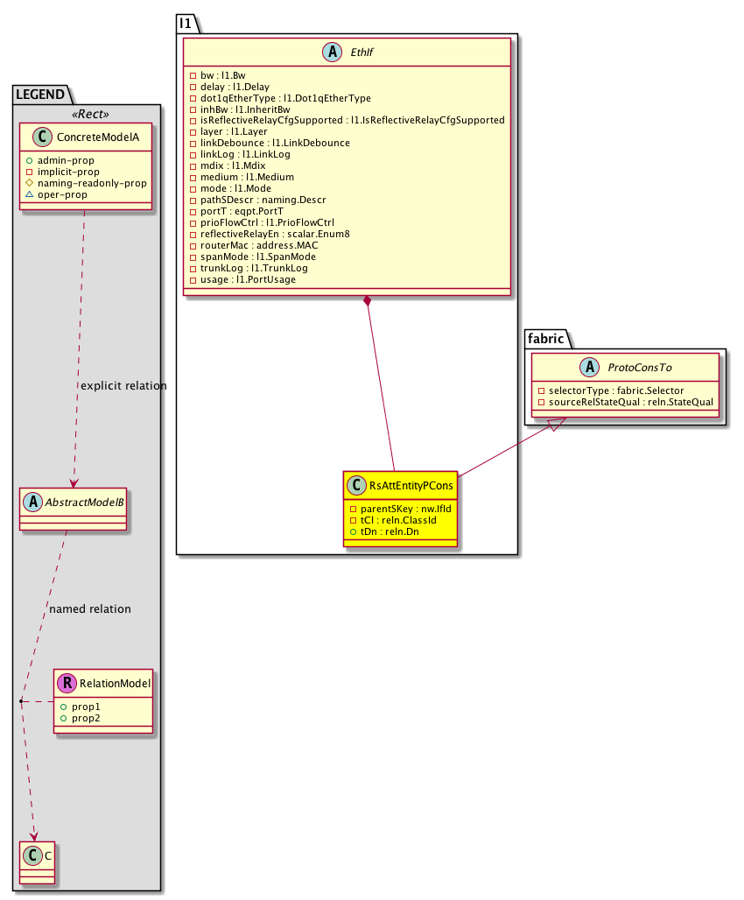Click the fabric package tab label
[546, 337]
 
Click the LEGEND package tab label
[41, 94]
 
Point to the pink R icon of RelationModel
[67, 684]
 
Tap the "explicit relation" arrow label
[123, 386]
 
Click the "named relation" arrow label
[91, 609]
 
